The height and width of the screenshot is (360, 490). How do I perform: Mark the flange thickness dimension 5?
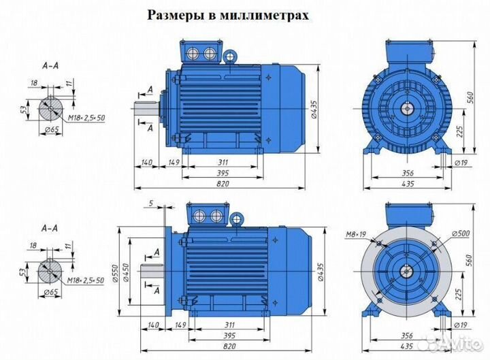coord(150,203)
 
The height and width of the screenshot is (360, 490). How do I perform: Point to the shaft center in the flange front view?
coord(407,271)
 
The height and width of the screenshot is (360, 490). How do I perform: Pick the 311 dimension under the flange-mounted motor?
coord(219,325)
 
